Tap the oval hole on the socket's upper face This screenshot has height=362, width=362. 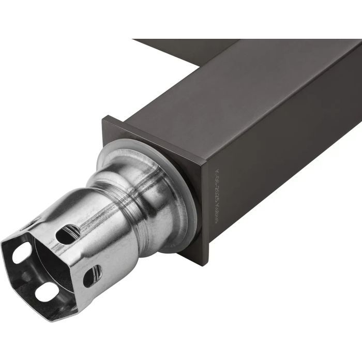68,234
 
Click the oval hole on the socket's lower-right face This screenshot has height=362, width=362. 92,276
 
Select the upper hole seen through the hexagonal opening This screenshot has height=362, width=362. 21,253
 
